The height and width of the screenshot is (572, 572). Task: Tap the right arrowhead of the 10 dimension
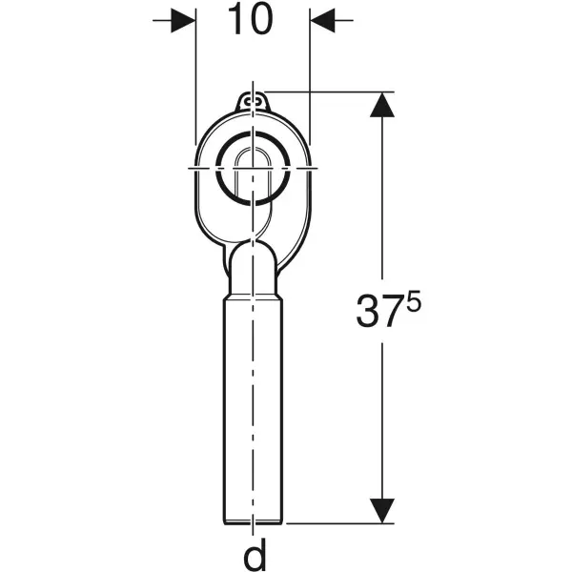point(324,20)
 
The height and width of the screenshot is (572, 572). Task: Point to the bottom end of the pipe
point(253,520)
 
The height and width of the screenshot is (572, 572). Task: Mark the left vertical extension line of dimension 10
point(195,76)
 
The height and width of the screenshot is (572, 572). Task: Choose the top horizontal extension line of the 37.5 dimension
point(324,92)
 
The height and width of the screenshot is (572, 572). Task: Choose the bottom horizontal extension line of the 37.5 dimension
point(334,522)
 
